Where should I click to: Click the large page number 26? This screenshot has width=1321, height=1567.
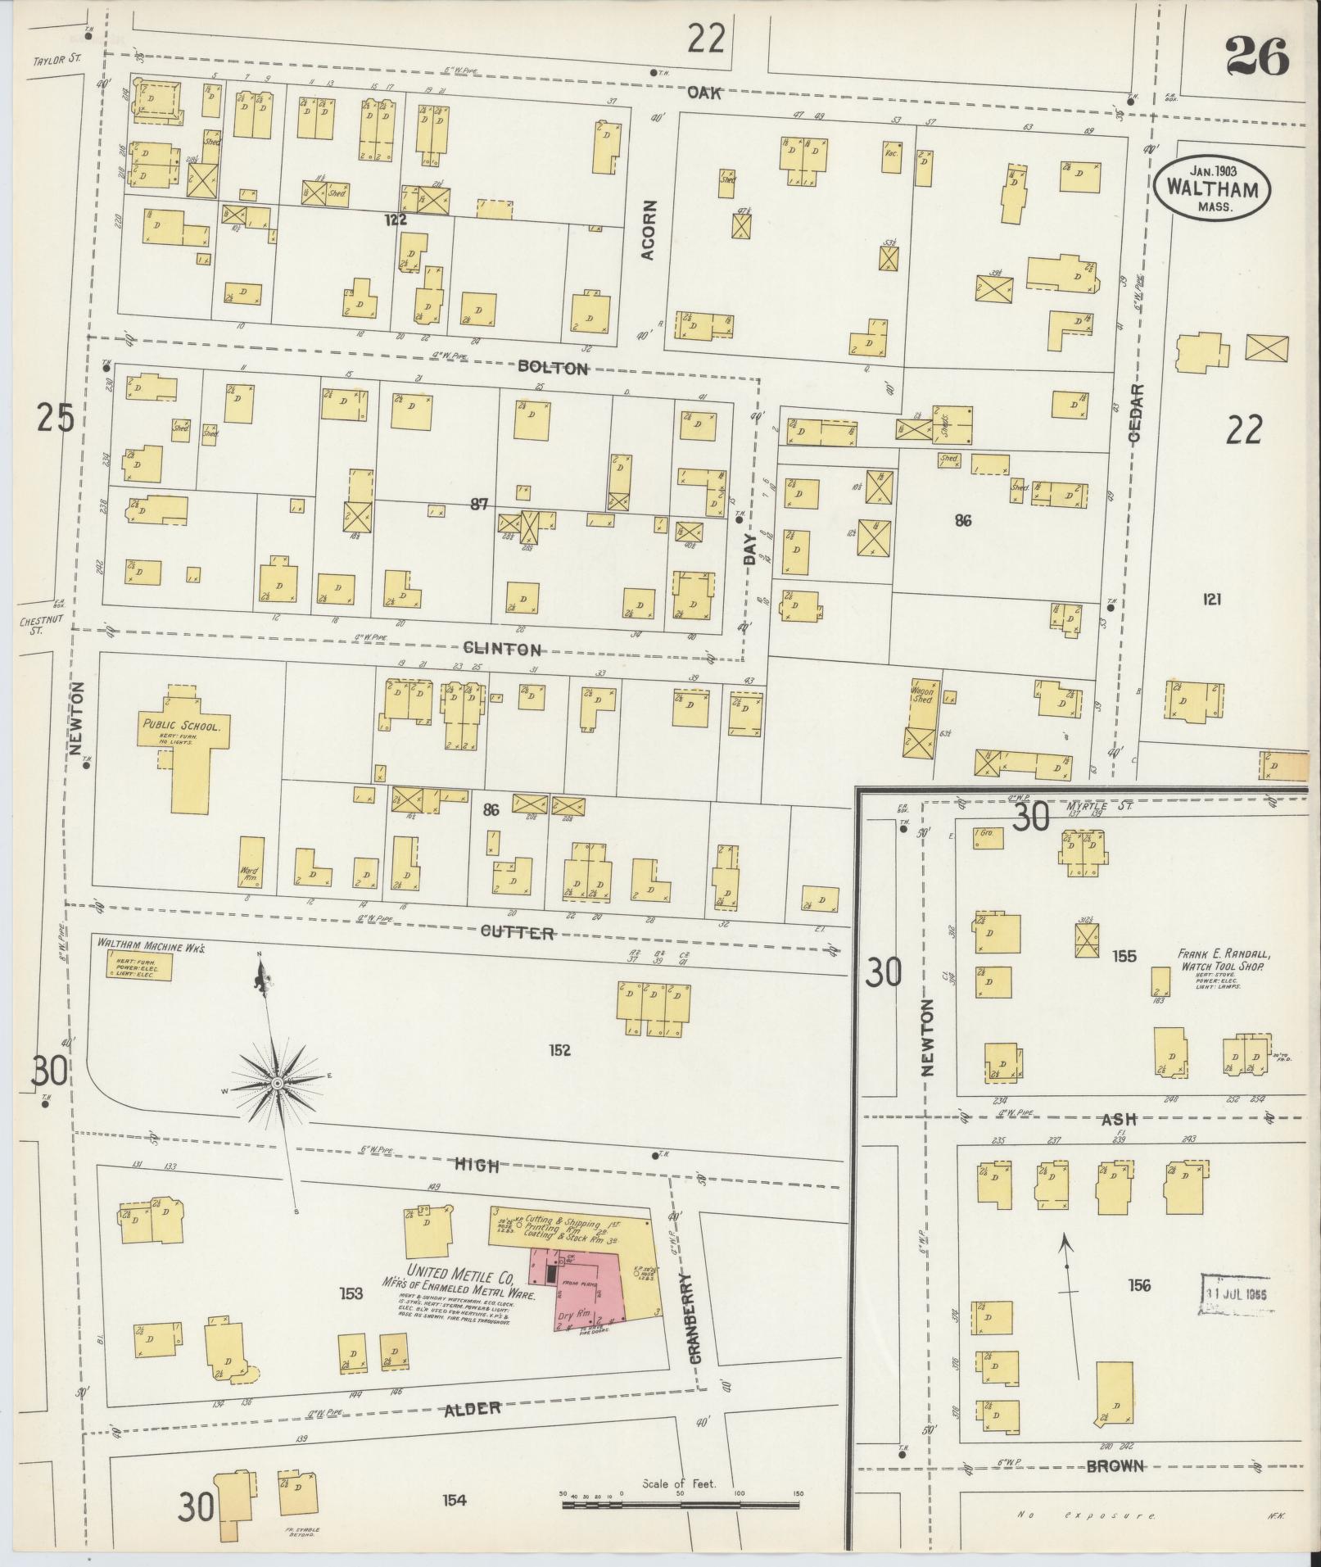pos(1256,57)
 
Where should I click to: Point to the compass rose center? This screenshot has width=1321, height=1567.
pos(278,1083)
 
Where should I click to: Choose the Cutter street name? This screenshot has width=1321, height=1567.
pos(517,933)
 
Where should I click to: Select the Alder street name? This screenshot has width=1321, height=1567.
pos(473,1409)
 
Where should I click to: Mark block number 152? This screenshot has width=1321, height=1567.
pos(560,1050)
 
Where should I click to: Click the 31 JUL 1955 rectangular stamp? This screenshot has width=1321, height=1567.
pos(1236,1308)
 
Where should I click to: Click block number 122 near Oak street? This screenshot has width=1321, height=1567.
pos(398,220)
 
